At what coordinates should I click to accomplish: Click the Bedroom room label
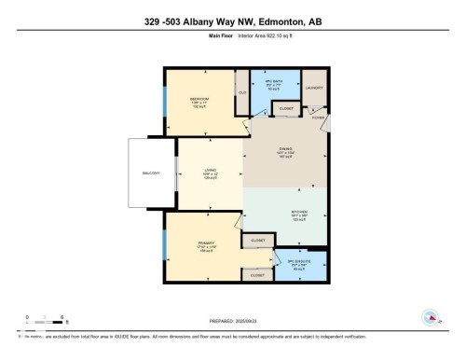tap(199, 99)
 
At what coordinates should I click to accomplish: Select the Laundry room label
tap(315, 88)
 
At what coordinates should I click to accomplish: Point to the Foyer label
tap(317, 118)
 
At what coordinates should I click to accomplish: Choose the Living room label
tap(211, 171)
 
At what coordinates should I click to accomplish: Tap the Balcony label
tap(152, 174)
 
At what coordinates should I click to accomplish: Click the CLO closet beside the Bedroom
tap(242, 93)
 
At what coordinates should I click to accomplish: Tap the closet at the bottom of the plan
tap(258, 275)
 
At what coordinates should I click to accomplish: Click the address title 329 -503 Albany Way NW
tap(232, 21)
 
